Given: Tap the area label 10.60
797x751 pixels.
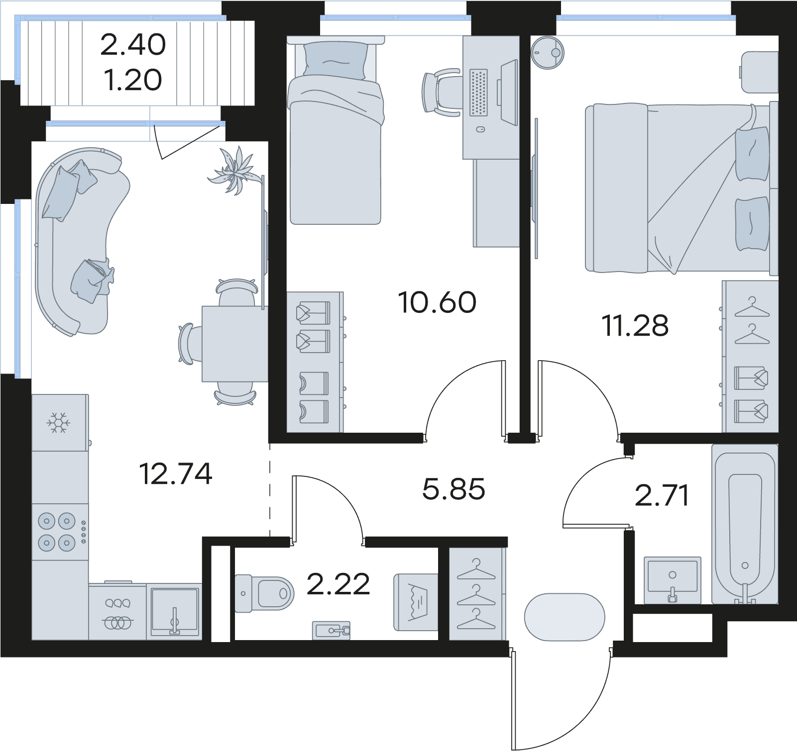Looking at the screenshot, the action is tap(437, 302).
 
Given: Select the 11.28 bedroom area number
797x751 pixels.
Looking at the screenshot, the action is tap(635, 325).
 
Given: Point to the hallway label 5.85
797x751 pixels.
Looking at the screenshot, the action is tap(454, 489).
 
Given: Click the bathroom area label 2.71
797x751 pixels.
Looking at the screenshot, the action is tap(662, 495).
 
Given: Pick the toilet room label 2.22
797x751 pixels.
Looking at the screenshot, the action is tap(338, 583).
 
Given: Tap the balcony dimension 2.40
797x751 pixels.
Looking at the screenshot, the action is tap(133, 44).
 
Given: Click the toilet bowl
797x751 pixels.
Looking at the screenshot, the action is tap(264, 593).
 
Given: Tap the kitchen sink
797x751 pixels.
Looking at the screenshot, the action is tap(175, 611).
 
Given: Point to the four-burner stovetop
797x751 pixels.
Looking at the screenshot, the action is tap(60, 532).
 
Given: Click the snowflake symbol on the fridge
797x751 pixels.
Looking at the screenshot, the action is tap(59, 423).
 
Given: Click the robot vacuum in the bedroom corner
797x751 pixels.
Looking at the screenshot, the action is tap(548, 52).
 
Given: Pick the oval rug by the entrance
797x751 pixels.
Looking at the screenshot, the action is tap(565, 617).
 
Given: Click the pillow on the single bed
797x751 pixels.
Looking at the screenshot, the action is tap(336, 61).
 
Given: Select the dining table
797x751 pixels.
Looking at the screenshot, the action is tap(234, 344).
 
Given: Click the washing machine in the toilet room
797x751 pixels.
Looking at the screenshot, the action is tap(416, 602).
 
